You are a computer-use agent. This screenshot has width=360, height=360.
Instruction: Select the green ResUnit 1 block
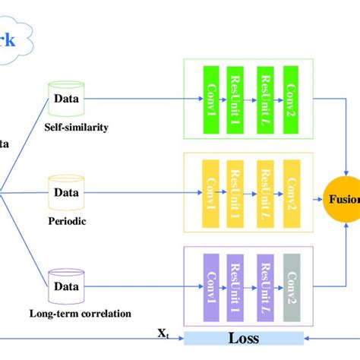pos(237,97)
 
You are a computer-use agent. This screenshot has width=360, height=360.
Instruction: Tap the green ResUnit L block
pos(265,97)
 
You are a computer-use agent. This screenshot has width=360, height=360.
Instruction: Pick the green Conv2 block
pos(292,97)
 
